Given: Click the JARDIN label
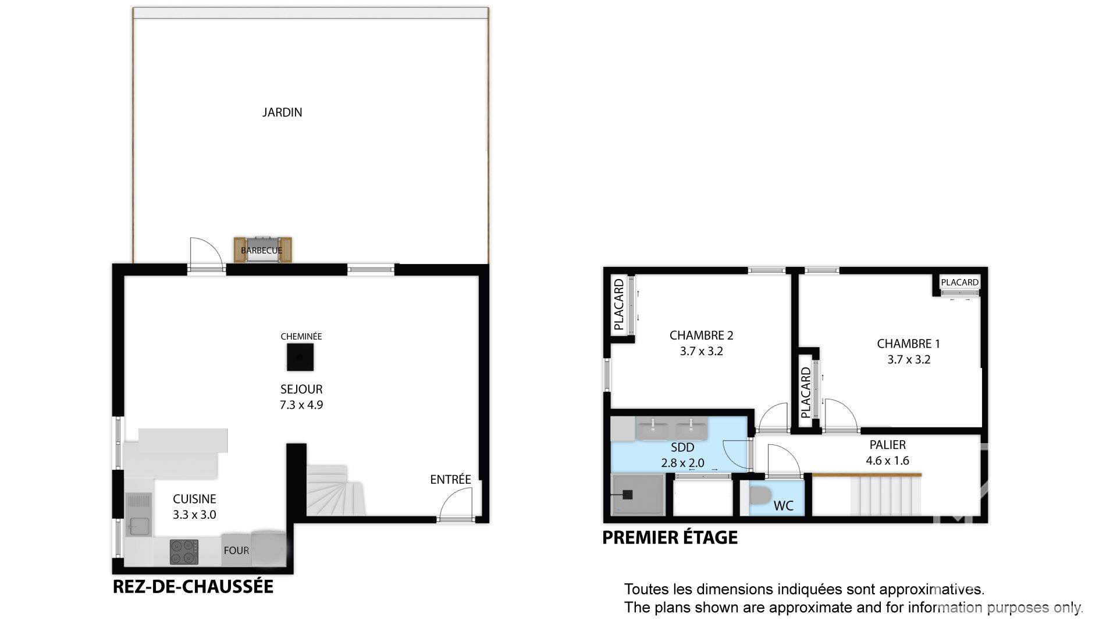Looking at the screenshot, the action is click(282, 112).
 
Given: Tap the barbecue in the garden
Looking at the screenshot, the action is click(262, 250).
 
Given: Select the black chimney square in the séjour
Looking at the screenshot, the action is click(300, 357).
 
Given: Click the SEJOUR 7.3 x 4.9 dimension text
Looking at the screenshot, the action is click(301, 405).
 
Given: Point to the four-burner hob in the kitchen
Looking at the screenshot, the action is click(184, 552).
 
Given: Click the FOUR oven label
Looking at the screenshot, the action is click(236, 551).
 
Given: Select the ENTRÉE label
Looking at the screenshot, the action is click(450, 479).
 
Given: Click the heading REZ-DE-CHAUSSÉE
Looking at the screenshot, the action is click(193, 586).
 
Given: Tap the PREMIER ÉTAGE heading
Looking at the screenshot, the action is click(670, 537).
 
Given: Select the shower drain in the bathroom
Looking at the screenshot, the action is click(628, 495).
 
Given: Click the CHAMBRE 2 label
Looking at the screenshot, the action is click(701, 335).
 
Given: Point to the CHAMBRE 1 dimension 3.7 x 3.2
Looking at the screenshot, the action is click(909, 359).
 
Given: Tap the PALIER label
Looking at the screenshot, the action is click(887, 445).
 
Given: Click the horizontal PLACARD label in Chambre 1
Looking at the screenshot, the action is click(959, 283).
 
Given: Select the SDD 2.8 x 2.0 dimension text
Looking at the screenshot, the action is click(682, 463).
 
